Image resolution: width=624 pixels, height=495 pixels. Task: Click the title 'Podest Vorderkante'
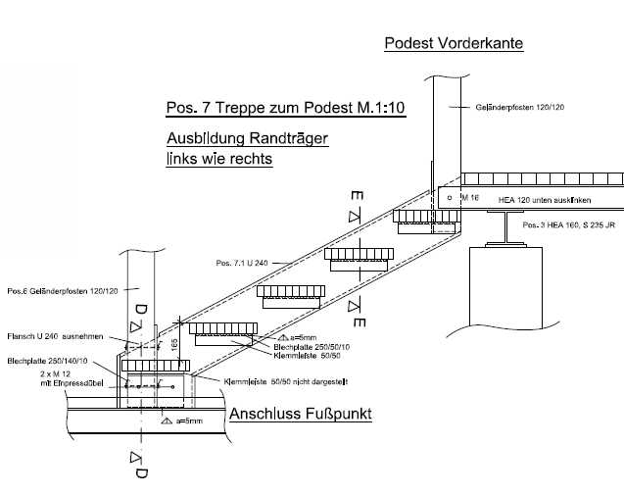coord(454,43)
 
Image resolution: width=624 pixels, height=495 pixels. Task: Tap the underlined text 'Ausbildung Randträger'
coord(246,138)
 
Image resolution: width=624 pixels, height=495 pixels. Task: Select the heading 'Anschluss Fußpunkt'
coord(300,414)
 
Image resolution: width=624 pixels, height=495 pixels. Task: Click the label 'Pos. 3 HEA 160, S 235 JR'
coord(569,226)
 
